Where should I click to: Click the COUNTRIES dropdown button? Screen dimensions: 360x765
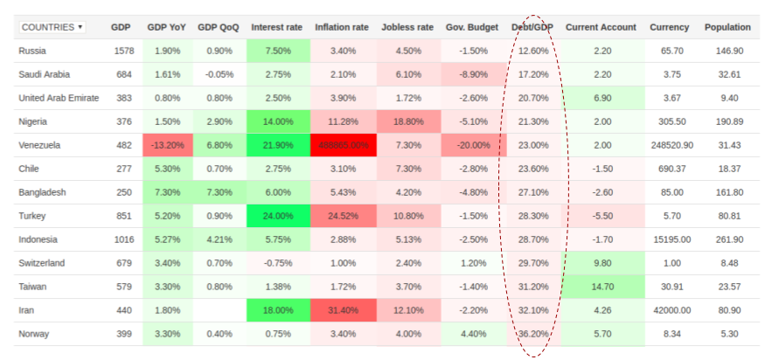pyautogui.click(x=52, y=27)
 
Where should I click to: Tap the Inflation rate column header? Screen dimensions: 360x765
pyautogui.click(x=343, y=27)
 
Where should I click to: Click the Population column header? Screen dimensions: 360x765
pyautogui.click(x=727, y=27)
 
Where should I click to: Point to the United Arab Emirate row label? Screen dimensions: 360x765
pyautogui.click(x=59, y=98)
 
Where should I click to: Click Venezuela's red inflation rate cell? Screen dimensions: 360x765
pyautogui.click(x=343, y=145)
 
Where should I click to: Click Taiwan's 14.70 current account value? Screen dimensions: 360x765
pyautogui.click(x=602, y=287)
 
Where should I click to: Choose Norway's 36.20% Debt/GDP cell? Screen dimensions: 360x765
pyautogui.click(x=532, y=334)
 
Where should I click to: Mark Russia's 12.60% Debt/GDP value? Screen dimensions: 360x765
pyautogui.click(x=532, y=52)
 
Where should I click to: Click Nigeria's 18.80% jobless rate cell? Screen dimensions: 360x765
pyautogui.click(x=408, y=121)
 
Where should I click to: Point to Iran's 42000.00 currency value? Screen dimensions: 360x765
pyautogui.click(x=670, y=310)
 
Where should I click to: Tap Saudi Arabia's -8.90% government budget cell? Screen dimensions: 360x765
pyautogui.click(x=473, y=75)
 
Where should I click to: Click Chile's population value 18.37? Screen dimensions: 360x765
pyautogui.click(x=728, y=169)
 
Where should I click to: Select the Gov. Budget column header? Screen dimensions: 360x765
pyautogui.click(x=473, y=27)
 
